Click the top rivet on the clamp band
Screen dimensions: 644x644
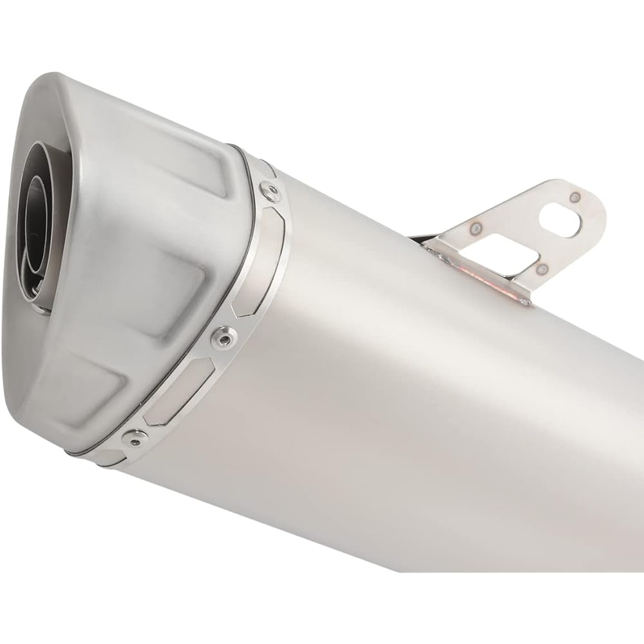[268, 189]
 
